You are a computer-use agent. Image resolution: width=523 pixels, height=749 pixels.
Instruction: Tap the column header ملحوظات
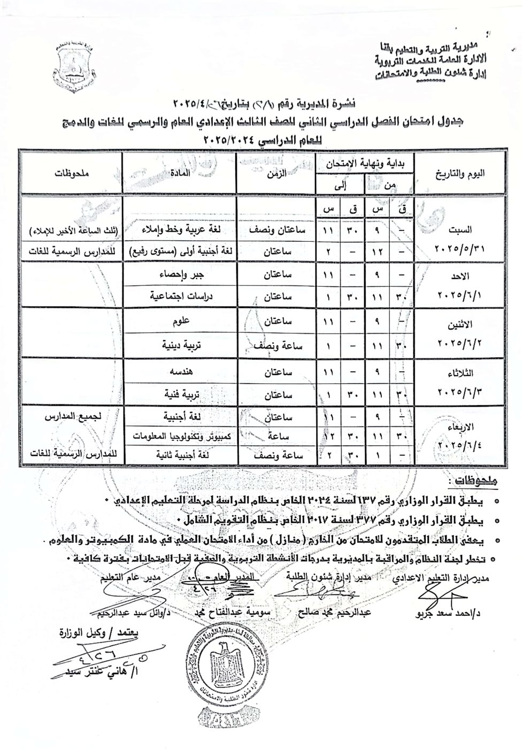pos(71,172)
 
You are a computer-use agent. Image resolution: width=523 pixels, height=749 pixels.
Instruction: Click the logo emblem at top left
pos(74,68)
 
